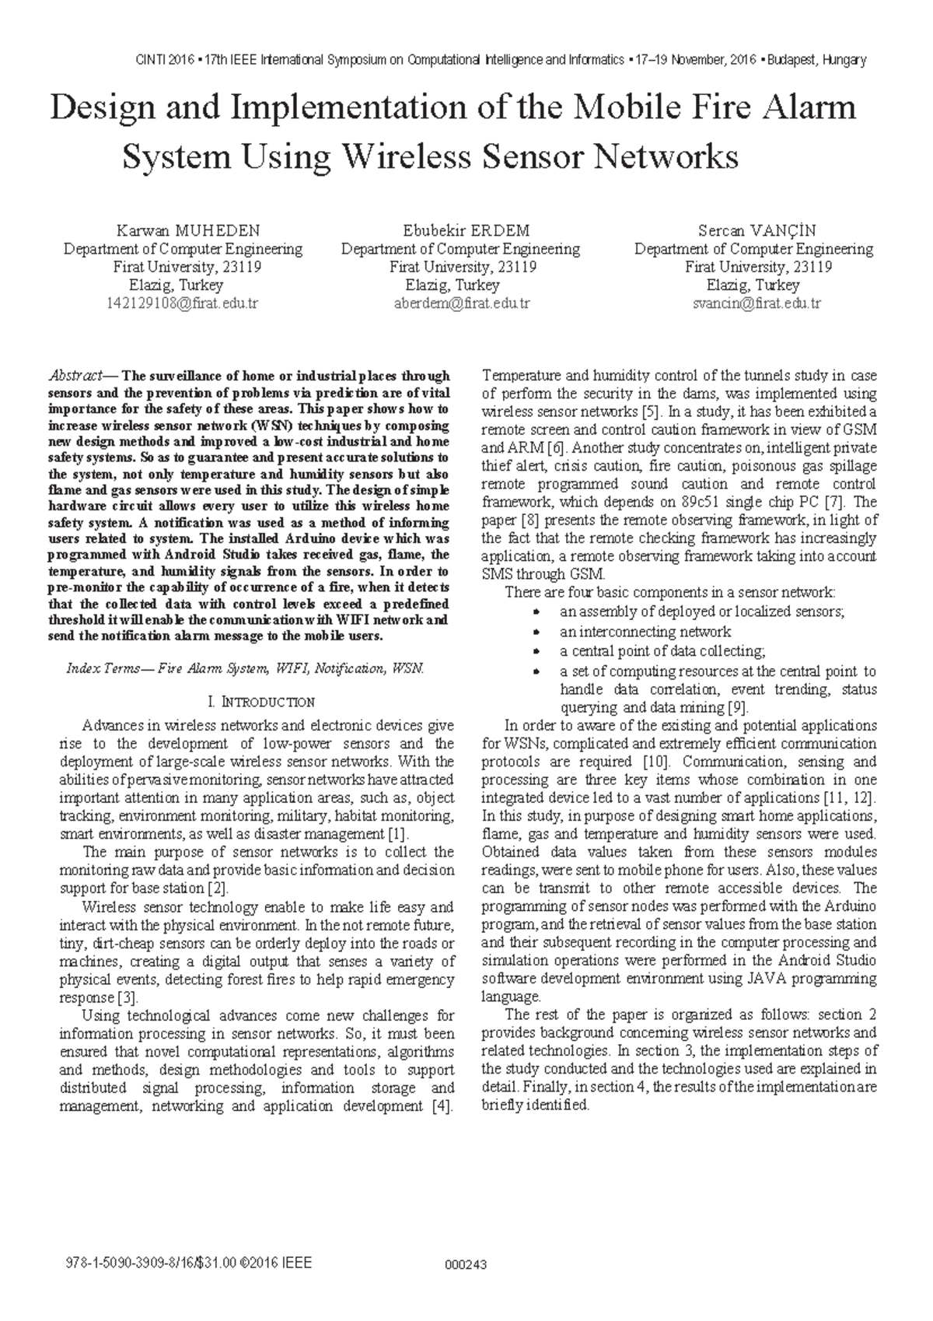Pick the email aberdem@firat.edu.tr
click(461, 303)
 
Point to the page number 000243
click(465, 1264)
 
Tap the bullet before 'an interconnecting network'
click(535, 632)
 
